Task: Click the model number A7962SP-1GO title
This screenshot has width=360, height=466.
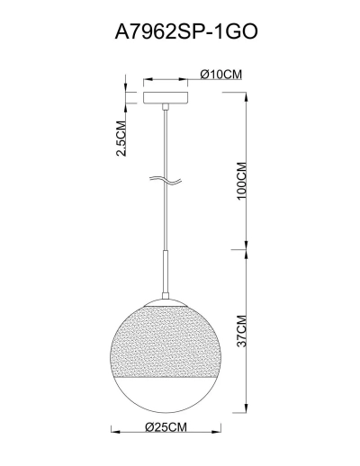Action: [186, 31]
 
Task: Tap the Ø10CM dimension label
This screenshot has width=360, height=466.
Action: [221, 74]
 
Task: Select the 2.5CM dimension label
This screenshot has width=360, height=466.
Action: [121, 139]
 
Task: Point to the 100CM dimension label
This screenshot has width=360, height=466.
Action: [241, 181]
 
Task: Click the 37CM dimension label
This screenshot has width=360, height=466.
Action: [241, 331]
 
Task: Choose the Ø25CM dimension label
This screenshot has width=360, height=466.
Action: [166, 426]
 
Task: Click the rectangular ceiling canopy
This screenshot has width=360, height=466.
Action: [166, 98]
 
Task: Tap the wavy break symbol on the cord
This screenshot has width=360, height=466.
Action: [166, 180]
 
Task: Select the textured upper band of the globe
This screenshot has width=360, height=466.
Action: [166, 341]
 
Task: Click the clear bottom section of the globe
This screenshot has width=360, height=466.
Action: [166, 394]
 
